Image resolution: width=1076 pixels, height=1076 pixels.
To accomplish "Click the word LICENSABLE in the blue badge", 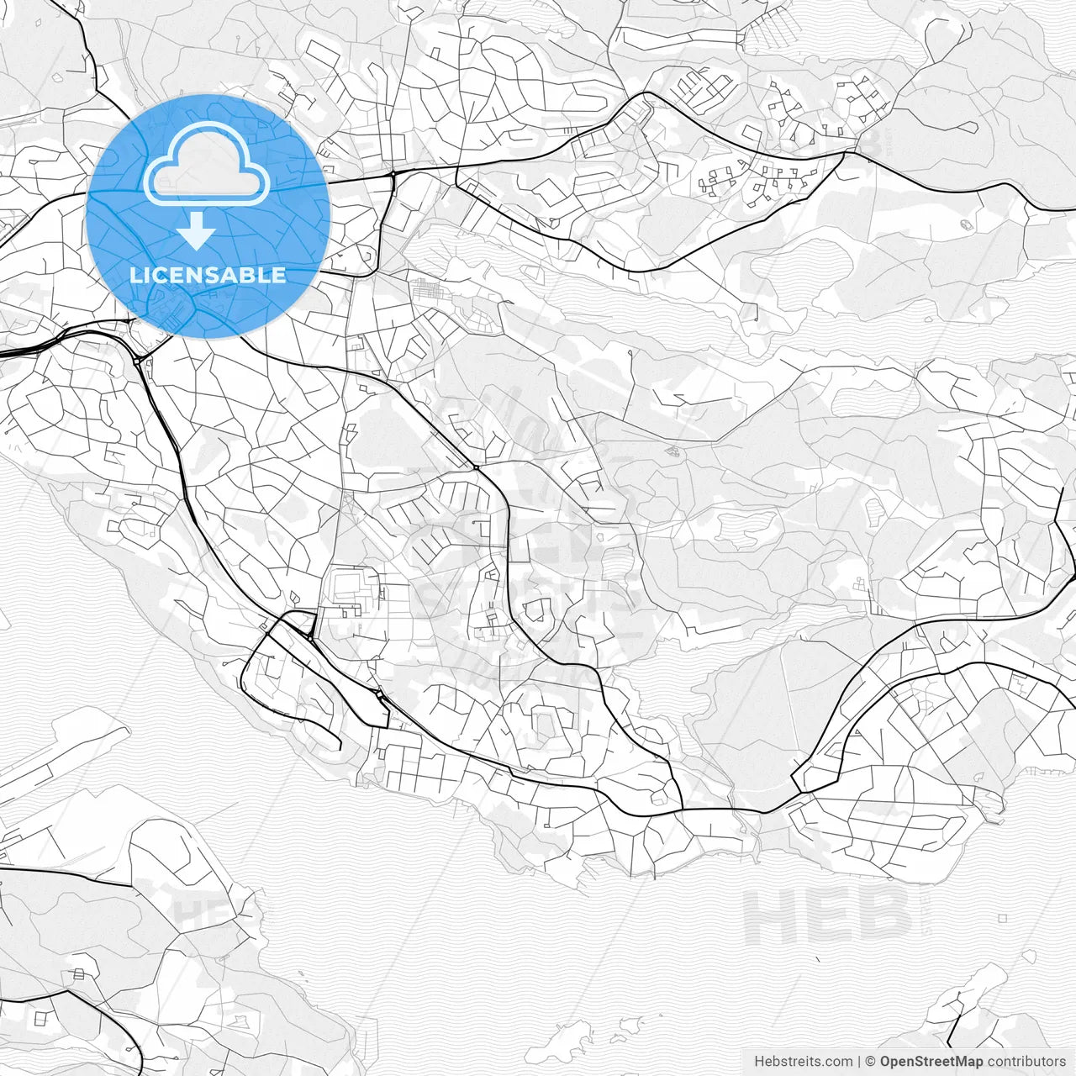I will click(208, 275).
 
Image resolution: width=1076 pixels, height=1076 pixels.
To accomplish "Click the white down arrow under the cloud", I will click(196, 230).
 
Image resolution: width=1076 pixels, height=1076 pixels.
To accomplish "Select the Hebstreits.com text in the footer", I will click(803, 1061).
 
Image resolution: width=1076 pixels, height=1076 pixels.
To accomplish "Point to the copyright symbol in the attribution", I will click(871, 1061).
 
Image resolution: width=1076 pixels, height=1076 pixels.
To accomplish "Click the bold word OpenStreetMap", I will click(931, 1061).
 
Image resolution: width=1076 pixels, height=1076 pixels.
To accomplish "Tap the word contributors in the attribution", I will click(1026, 1061).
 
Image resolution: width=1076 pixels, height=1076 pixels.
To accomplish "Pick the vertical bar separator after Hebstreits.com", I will click(859, 1061).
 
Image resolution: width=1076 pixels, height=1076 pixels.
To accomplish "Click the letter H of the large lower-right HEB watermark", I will click(770, 916).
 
